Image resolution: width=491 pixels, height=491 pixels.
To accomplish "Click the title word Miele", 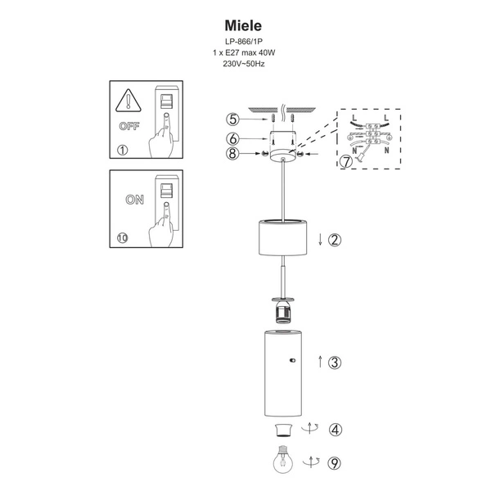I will (x=245, y=26).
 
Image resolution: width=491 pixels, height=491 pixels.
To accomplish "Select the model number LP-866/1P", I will (x=245, y=43).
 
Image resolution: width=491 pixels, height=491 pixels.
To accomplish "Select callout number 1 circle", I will (x=123, y=150).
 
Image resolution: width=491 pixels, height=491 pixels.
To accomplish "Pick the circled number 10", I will (x=124, y=238).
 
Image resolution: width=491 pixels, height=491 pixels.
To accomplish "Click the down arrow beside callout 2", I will (x=318, y=240).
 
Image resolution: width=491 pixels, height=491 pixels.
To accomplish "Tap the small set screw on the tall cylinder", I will (x=292, y=360).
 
